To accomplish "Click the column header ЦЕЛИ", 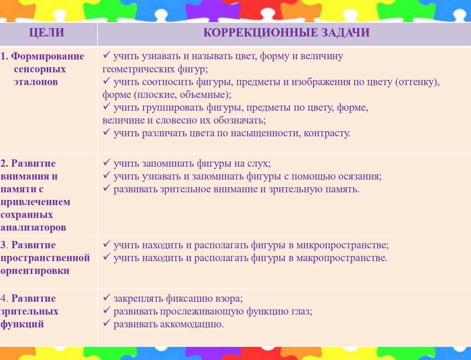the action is (47, 33).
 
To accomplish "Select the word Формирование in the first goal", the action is (48, 56).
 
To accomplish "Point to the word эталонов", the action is (36, 81).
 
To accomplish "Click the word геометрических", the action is (138, 69).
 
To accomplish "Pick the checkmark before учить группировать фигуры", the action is (106, 106).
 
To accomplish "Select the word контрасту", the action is (326, 133).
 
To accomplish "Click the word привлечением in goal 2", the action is (35, 202).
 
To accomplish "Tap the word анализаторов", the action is (33, 228).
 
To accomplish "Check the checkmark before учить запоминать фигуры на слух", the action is (106, 162).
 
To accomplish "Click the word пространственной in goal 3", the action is (45, 258).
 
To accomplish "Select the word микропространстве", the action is (341, 245).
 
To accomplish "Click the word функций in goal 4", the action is (22, 324).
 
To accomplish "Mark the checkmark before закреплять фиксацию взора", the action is (106, 297).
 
